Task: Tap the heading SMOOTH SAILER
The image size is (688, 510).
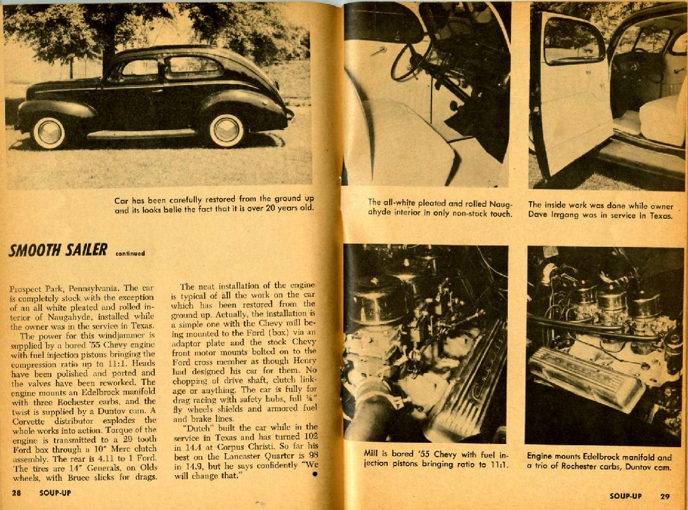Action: pos(58,250)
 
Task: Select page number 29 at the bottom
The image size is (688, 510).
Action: pos(665,496)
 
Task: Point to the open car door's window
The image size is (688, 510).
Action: pos(572,41)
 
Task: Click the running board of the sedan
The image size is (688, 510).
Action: pos(140,134)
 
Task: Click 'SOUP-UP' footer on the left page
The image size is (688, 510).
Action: pos(55,492)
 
